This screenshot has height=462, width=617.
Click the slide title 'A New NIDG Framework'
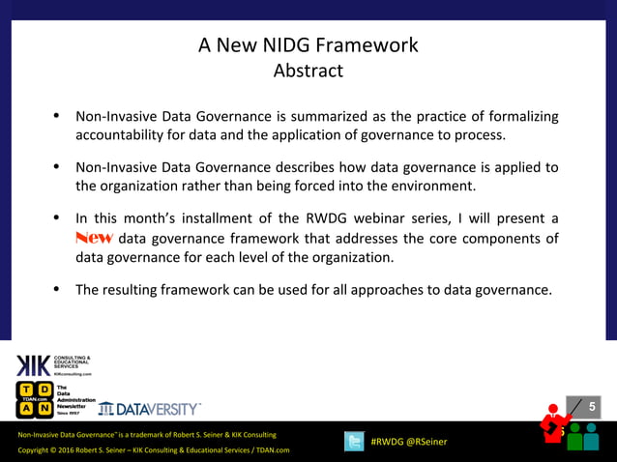[308, 45]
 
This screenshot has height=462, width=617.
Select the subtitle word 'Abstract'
[308, 71]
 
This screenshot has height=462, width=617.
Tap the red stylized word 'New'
[94, 239]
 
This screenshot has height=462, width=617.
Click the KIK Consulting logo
[53, 365]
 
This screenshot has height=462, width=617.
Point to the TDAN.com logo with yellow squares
[35, 400]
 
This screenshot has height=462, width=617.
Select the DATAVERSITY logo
[149, 408]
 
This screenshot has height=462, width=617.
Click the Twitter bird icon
[355, 441]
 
